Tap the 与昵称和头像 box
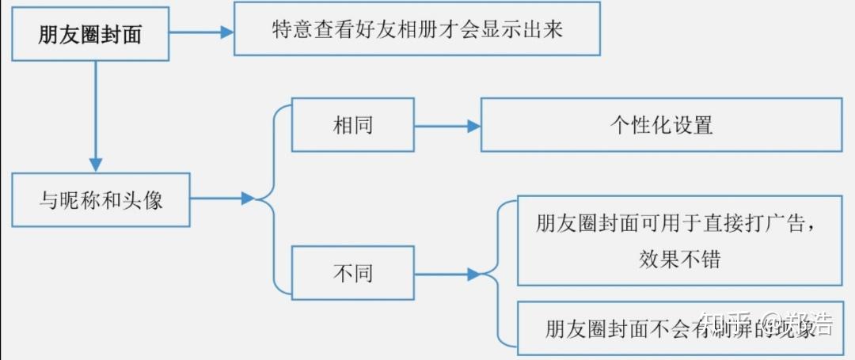click(x=101, y=199)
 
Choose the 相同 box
click(x=352, y=125)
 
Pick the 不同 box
click(x=352, y=274)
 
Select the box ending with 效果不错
click(x=679, y=241)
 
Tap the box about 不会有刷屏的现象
click(x=679, y=326)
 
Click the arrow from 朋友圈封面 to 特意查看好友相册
click(x=202, y=32)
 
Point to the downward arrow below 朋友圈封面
click(x=96, y=119)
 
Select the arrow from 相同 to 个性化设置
click(x=447, y=126)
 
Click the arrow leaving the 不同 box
click(x=447, y=275)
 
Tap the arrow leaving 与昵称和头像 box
click(x=222, y=199)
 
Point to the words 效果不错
click(x=679, y=259)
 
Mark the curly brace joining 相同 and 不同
click(x=273, y=199)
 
